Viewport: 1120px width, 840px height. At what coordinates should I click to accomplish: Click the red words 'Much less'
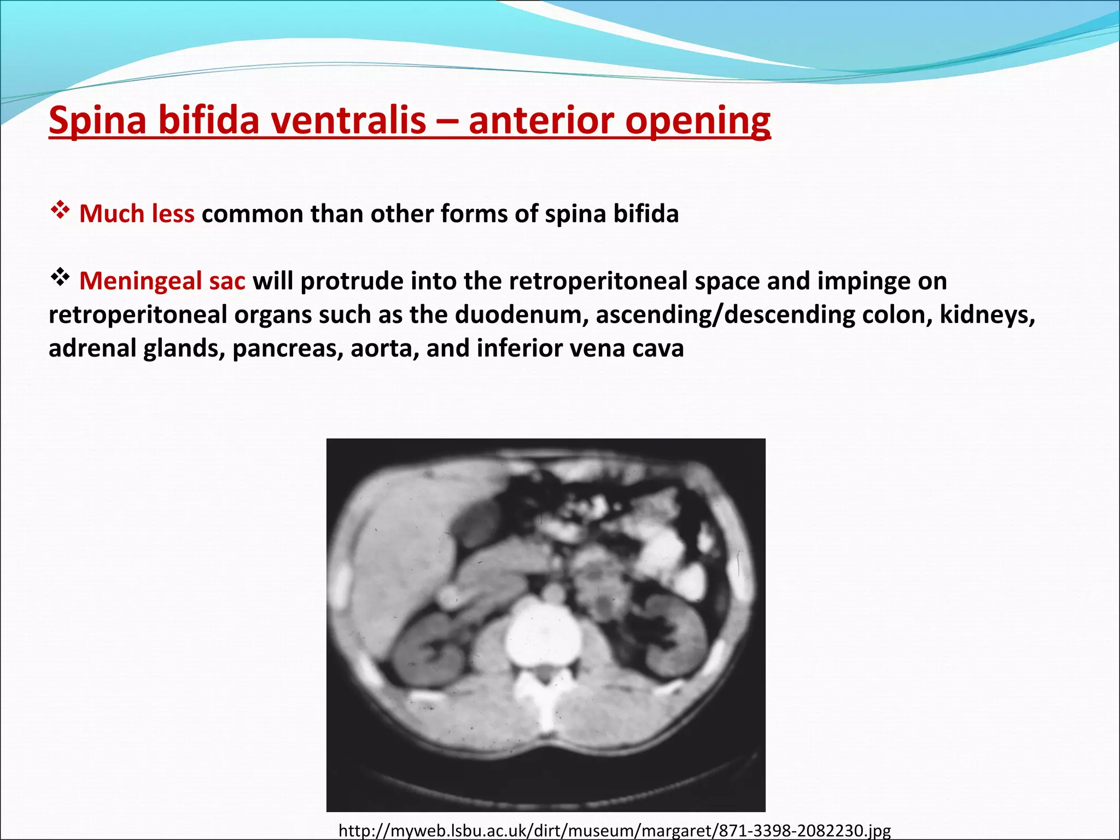pyautogui.click(x=137, y=214)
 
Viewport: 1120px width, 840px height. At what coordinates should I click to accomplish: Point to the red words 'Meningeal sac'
pyautogui.click(x=162, y=281)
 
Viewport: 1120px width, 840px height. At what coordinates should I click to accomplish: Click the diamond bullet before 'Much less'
pyautogui.click(x=60, y=210)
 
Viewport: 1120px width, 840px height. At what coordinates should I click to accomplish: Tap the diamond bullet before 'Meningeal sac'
pyautogui.click(x=60, y=278)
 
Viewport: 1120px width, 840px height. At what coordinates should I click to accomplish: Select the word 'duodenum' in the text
pyautogui.click(x=521, y=315)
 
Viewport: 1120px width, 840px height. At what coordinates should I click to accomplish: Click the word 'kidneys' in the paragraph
pyautogui.click(x=987, y=315)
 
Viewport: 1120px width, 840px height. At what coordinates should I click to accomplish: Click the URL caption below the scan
pyautogui.click(x=615, y=831)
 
